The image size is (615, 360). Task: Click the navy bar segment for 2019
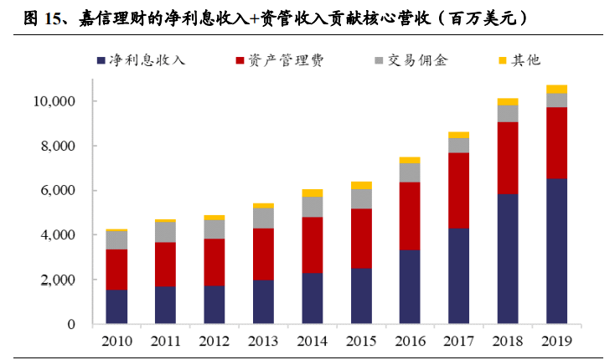point(556,251)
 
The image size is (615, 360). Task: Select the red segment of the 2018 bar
point(508,158)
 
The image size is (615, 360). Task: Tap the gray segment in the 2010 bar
point(116,240)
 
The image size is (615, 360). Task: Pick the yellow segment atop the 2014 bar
point(313,193)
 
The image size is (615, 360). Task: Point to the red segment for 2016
point(410,216)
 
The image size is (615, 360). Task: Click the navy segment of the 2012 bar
point(214,305)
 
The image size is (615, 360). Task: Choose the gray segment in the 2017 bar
point(458,146)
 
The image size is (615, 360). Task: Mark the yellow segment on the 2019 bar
point(556,89)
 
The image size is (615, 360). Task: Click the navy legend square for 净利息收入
point(101,61)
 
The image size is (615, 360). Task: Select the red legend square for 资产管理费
point(240,61)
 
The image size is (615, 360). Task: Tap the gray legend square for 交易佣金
point(379,61)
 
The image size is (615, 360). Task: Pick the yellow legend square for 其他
point(503,61)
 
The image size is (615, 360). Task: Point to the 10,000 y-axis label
point(54,101)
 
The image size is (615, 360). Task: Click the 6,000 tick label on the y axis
point(58,190)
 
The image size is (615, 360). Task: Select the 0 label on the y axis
point(71,324)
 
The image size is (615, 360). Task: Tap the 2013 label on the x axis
point(263,342)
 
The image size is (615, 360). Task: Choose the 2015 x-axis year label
point(361,342)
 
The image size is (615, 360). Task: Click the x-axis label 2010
point(116,342)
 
